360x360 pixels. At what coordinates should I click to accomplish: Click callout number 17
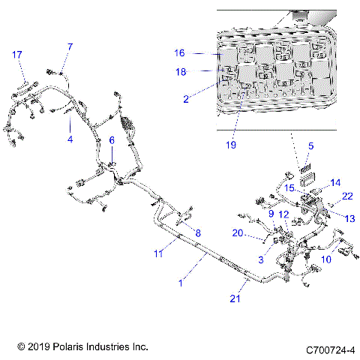pyautogui.click(x=17, y=54)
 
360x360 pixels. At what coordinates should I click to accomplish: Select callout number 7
pyautogui.click(x=70, y=47)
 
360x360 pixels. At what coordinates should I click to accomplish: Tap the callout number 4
pyautogui.click(x=70, y=139)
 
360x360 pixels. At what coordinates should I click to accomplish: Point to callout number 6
pyautogui.click(x=112, y=140)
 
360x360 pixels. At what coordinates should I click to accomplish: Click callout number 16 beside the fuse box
pyautogui.click(x=179, y=53)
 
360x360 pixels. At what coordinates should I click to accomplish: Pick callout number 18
pyautogui.click(x=179, y=72)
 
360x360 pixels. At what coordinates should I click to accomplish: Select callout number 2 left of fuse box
pyautogui.click(x=186, y=97)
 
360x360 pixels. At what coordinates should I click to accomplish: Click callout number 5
pyautogui.click(x=311, y=146)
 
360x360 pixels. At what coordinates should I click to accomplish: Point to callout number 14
pyautogui.click(x=334, y=182)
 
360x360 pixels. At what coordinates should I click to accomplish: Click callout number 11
pyautogui.click(x=158, y=254)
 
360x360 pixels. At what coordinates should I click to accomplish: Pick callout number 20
pyautogui.click(x=238, y=233)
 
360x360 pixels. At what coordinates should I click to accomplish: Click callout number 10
pyautogui.click(x=326, y=259)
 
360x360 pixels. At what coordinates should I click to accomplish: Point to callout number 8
pyautogui.click(x=199, y=233)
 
